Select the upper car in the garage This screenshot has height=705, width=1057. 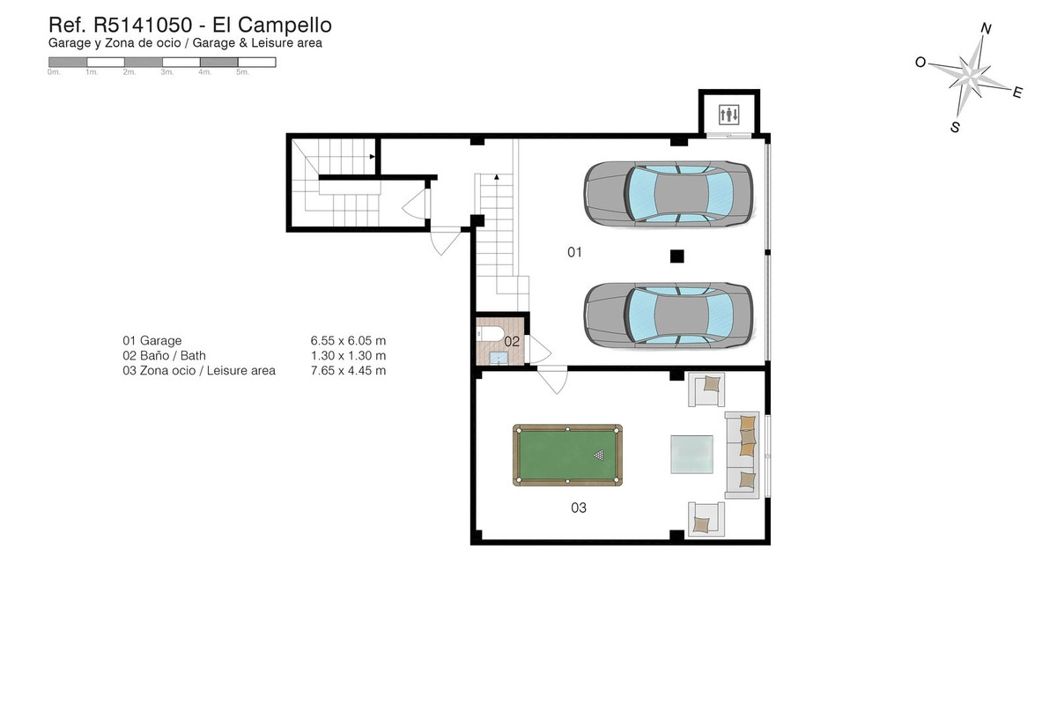pyautogui.click(x=669, y=194)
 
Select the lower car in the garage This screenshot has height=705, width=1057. pyautogui.click(x=669, y=315)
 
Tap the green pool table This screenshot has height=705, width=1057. pyautogui.click(x=567, y=455)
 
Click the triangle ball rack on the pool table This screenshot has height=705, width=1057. pyautogui.click(x=600, y=456)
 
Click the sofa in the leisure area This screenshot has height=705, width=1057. pyautogui.click(x=742, y=454)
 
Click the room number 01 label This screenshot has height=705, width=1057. pyautogui.click(x=574, y=253)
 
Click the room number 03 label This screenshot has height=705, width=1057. pyautogui.click(x=578, y=508)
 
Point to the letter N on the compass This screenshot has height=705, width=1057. pyautogui.click(x=987, y=29)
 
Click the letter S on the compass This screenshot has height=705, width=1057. pyautogui.click(x=955, y=127)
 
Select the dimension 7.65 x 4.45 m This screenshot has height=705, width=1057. pyautogui.click(x=348, y=371)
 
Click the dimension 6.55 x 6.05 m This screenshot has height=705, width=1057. pyautogui.click(x=348, y=340)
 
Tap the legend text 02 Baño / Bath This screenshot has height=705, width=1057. pyautogui.click(x=164, y=356)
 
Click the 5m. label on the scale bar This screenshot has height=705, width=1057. pyautogui.click(x=242, y=73)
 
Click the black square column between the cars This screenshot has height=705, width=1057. pyautogui.click(x=676, y=256)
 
